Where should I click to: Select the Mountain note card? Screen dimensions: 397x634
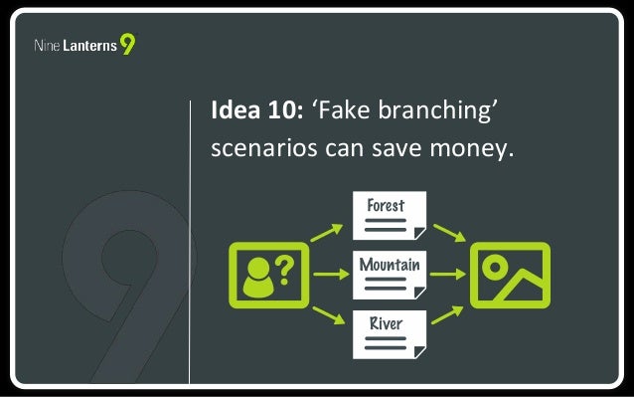pos(390,275)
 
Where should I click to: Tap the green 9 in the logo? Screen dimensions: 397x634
pos(128,45)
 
